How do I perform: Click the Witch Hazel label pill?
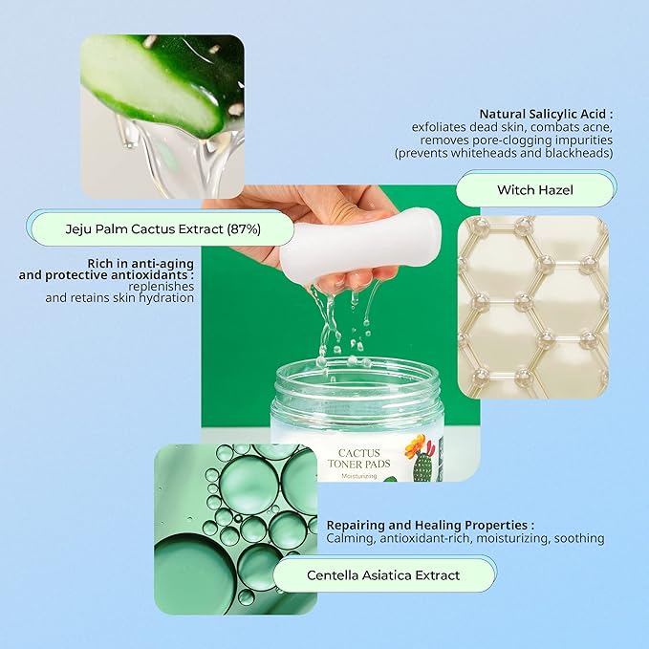[534, 189]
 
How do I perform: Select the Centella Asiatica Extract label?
[383, 574]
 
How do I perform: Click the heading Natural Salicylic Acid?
[545, 112]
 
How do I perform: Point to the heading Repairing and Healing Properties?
[430, 525]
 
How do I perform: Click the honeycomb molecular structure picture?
[532, 306]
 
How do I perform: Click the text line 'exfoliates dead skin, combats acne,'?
[511, 126]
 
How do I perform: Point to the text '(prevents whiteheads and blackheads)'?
[504, 153]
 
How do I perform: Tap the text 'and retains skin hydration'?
[119, 297]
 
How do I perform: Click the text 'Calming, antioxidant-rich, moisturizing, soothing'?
[465, 538]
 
